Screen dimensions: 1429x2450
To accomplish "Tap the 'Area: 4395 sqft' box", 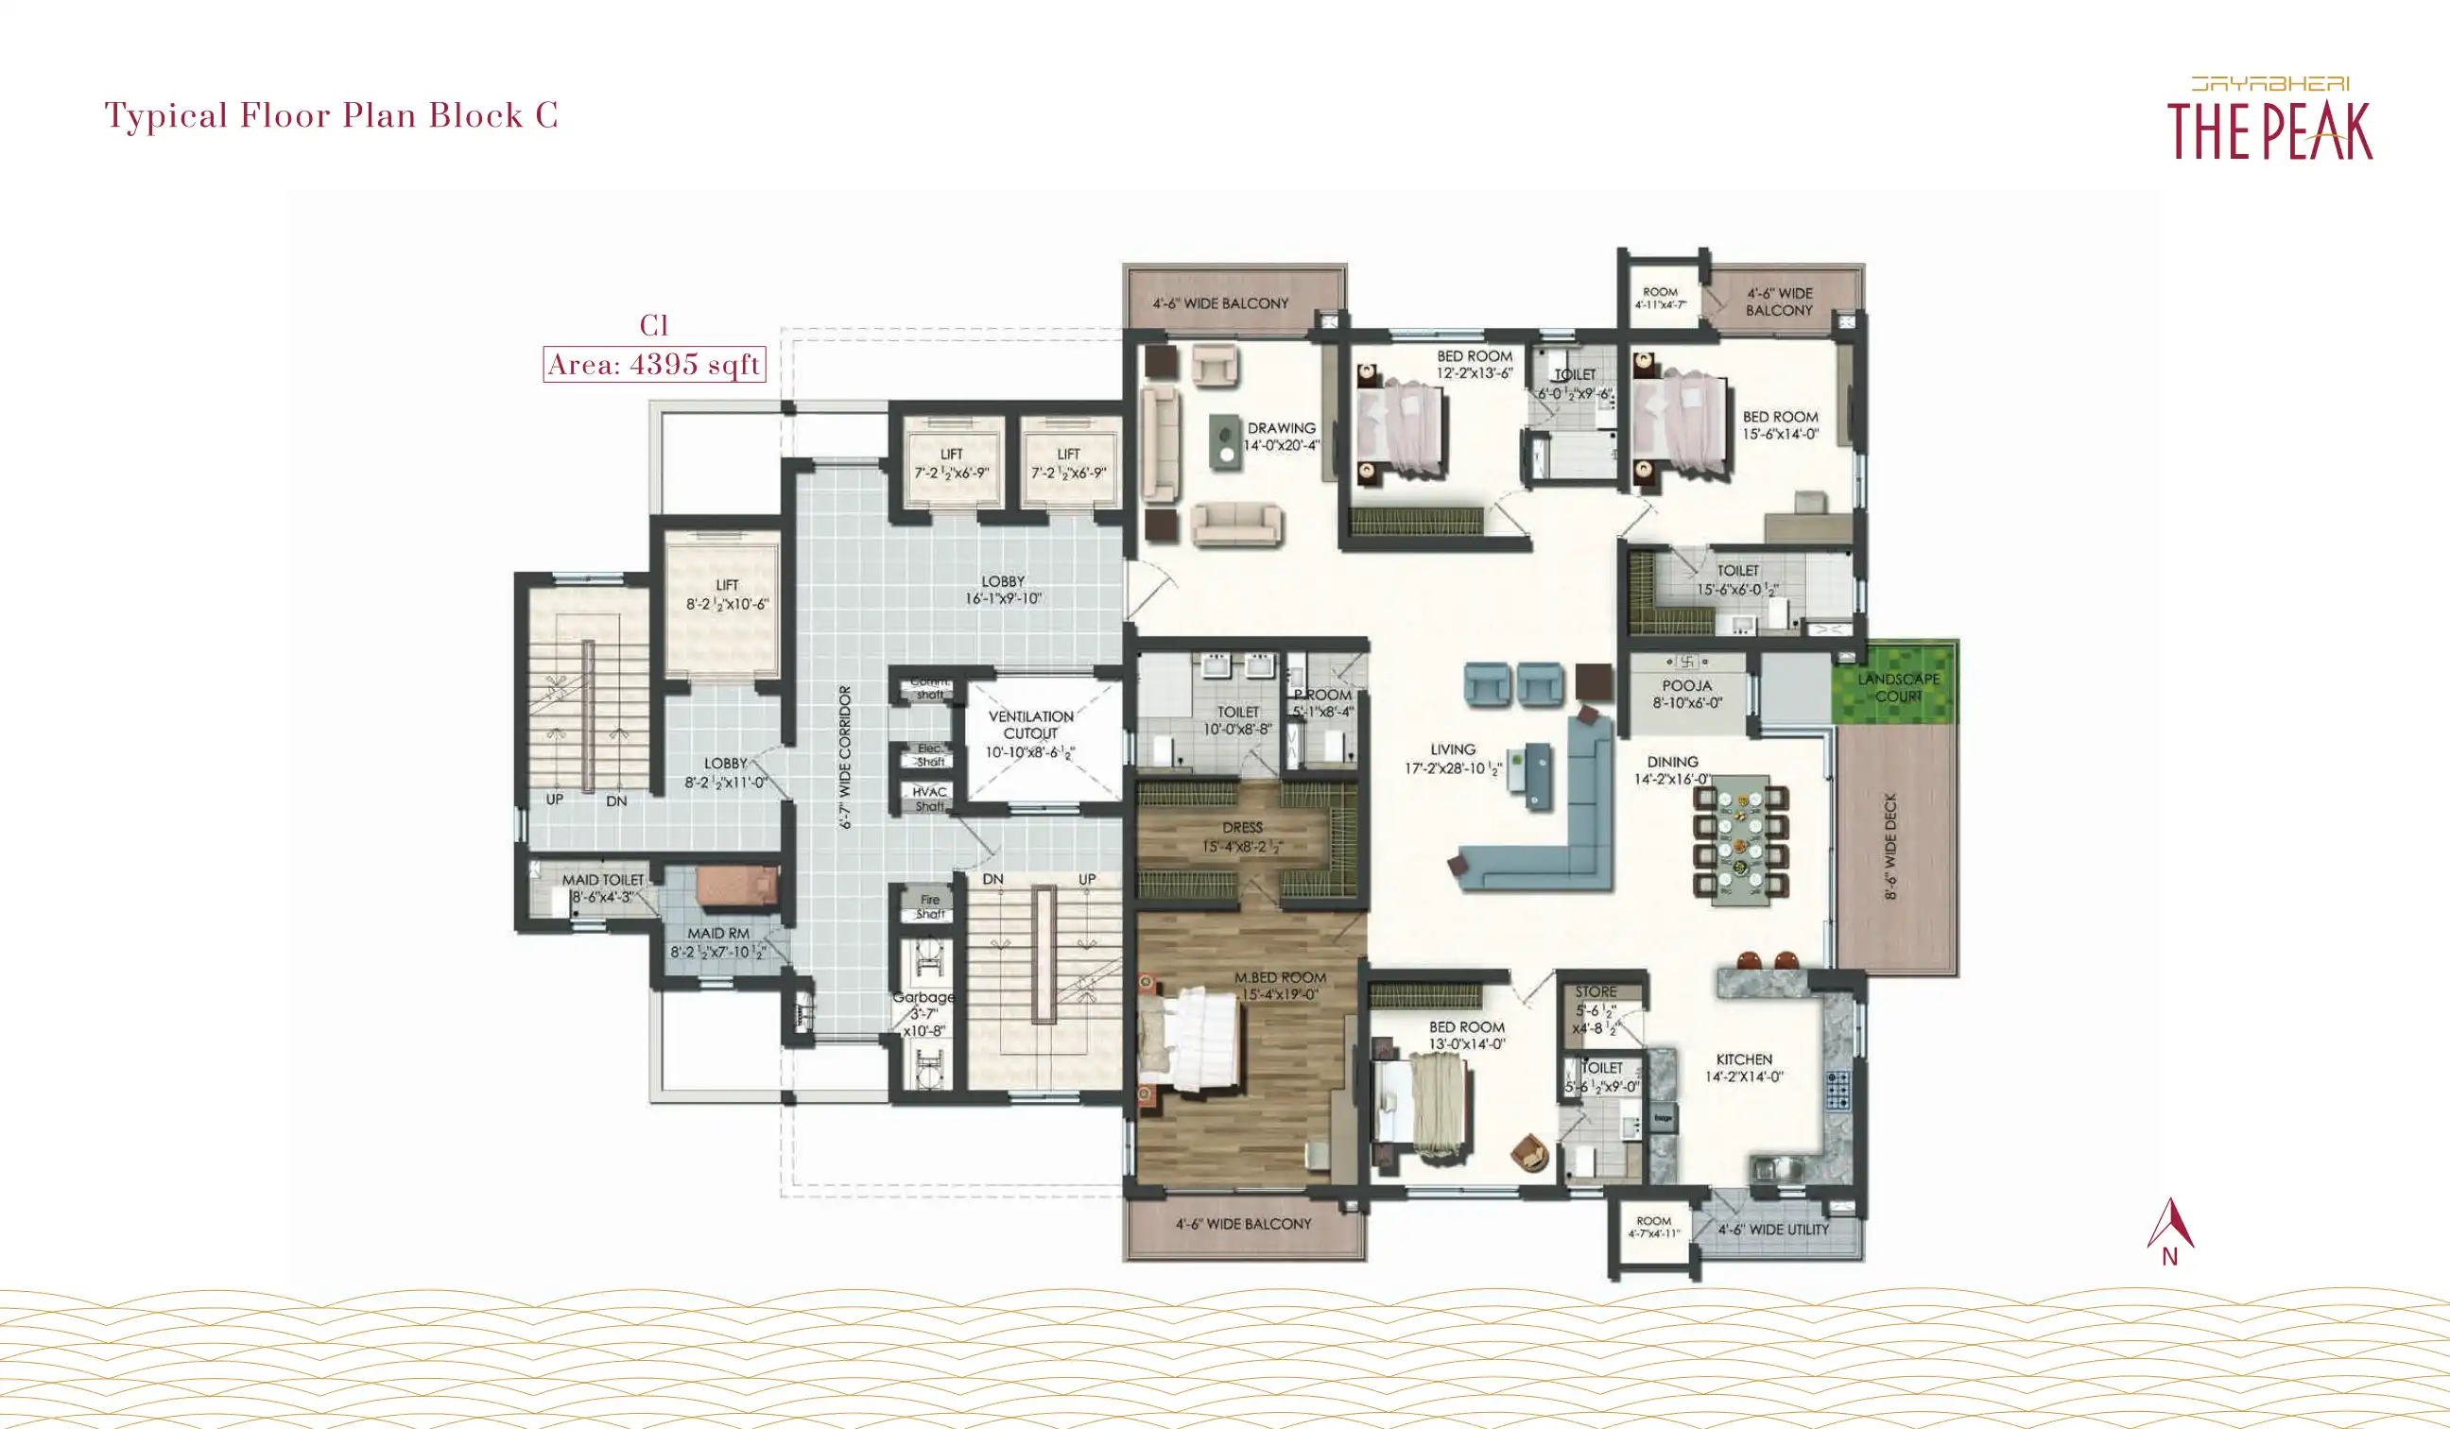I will pos(653,365).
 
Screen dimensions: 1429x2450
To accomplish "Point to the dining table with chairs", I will pos(1740,836).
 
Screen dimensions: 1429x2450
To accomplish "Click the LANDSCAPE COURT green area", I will pos(1896,684).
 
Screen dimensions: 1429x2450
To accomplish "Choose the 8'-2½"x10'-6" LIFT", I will pos(726,594).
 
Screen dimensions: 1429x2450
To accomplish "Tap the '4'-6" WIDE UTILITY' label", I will pos(1773,1230).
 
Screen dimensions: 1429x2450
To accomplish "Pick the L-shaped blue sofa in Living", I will pos(1556,846).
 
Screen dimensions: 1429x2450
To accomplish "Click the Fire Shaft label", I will pos(930,906).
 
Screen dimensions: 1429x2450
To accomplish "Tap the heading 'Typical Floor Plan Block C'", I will pos(332,115).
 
